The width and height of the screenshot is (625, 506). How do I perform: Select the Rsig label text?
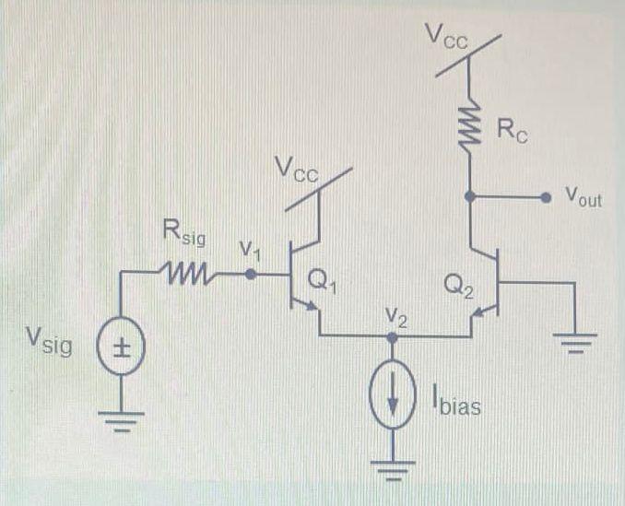coord(184,235)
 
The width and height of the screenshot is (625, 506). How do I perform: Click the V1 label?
coord(250,249)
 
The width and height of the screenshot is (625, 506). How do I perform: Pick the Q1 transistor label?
coord(320,284)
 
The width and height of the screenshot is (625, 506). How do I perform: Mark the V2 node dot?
coord(392,338)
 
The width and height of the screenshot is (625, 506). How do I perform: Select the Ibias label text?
coord(454,402)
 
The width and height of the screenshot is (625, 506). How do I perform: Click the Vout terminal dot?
coord(545,195)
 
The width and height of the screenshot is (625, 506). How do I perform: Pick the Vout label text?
coord(583,196)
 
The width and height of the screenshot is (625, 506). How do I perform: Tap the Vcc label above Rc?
coord(447,37)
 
